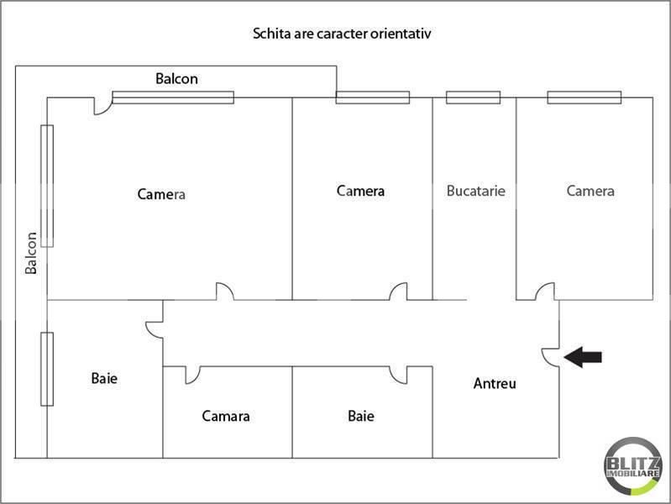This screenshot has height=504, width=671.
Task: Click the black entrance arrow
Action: point(583,357)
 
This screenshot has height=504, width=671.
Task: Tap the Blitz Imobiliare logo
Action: point(632,466)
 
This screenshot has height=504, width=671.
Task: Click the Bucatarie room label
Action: point(476,191)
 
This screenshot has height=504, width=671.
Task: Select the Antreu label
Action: point(495,383)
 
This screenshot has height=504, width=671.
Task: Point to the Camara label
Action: point(226,416)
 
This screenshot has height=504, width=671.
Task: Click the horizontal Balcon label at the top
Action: point(176,79)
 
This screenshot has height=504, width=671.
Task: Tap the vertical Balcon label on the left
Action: point(31,253)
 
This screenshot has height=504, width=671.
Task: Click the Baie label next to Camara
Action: point(361,416)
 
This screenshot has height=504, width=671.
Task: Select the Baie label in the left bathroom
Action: point(104,379)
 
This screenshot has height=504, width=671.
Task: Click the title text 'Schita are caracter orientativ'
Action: point(342,34)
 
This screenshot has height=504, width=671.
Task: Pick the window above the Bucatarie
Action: point(474,97)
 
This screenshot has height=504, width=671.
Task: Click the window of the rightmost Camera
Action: point(585,97)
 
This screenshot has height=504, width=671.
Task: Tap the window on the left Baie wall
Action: point(47,369)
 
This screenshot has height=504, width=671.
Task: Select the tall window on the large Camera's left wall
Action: point(47,186)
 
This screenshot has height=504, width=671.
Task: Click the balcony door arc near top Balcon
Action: point(106,111)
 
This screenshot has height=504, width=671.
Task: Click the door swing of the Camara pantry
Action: point(196,379)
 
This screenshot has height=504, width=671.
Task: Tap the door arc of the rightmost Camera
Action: point(541,287)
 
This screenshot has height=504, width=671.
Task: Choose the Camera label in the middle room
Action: point(360,191)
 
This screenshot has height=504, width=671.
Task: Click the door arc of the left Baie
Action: point(150,333)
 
